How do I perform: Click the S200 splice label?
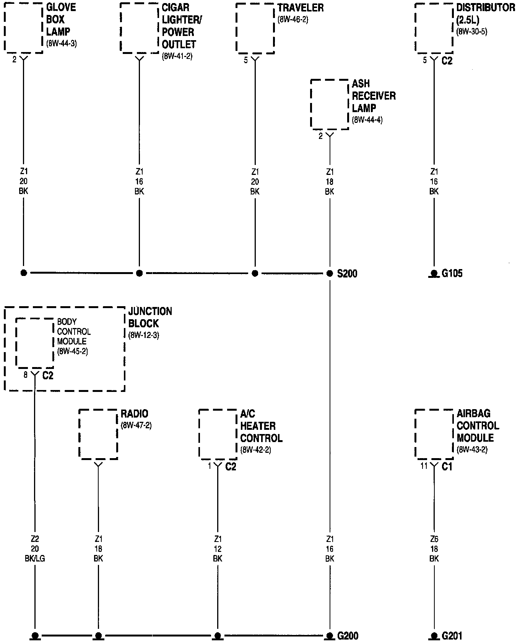[x=347, y=274]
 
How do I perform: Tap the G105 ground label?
[x=452, y=274]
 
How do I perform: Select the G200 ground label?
[x=348, y=636]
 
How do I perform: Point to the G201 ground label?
[x=452, y=636]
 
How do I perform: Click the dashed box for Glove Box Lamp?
[x=23, y=28]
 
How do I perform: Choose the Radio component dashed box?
[x=98, y=434]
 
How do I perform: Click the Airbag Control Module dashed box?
[x=434, y=434]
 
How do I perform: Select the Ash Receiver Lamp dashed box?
[x=330, y=104]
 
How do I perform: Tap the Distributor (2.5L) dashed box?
[x=434, y=28]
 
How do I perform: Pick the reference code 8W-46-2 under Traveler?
[x=293, y=20]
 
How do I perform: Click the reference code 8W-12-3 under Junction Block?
[x=144, y=335]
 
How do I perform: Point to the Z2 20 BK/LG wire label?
[x=35, y=549]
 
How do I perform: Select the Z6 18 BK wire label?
[x=434, y=549]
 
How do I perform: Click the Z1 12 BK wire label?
[x=218, y=549]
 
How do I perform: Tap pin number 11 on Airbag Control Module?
[x=424, y=467]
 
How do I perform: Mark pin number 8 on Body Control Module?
[x=26, y=375]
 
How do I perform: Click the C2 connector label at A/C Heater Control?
[x=231, y=467]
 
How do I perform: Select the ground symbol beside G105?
[x=434, y=274]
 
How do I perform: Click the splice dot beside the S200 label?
[x=330, y=273]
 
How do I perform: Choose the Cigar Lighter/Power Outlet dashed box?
[x=139, y=28]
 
